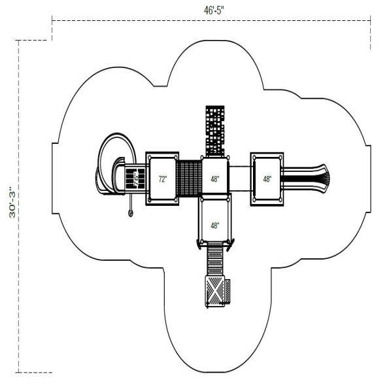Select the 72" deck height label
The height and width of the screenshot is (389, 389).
[x=163, y=178]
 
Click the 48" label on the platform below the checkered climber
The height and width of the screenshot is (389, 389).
[x=215, y=178]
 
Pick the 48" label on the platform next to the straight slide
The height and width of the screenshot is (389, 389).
[x=267, y=178]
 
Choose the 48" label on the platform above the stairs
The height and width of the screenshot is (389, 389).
[x=215, y=226]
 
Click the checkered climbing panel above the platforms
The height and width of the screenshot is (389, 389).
[x=215, y=131]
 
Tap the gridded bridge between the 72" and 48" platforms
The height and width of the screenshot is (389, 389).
[x=190, y=178]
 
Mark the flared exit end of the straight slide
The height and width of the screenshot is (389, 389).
[x=325, y=175]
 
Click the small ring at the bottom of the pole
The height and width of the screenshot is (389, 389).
[x=130, y=213]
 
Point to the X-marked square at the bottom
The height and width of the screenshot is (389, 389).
[x=214, y=291]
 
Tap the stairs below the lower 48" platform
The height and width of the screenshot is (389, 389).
[x=214, y=260]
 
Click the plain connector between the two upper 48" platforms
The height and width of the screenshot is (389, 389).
[x=240, y=178]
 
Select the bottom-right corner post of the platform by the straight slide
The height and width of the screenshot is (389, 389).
[x=281, y=201]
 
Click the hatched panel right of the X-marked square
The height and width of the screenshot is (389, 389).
[x=228, y=291]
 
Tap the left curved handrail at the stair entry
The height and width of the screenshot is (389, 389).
[x=197, y=244]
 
